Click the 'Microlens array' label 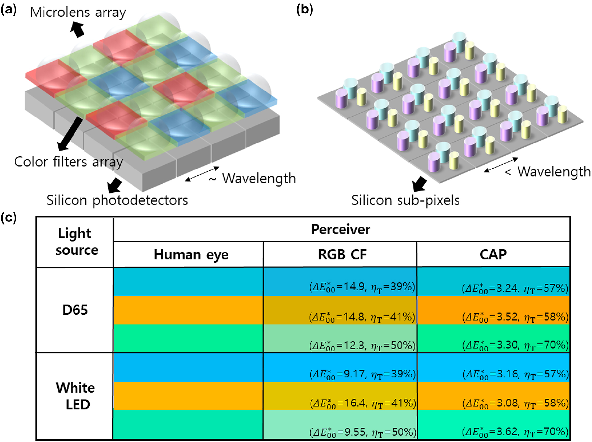click(78, 13)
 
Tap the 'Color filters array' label click(69, 162)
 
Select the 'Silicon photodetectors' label click(117, 200)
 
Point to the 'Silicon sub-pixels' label click(405, 200)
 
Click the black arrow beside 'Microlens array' click(77, 29)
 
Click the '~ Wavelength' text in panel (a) click(252, 178)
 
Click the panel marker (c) click(9, 218)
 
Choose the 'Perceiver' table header click(341, 229)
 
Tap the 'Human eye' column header click(191, 254)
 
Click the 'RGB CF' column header click(342, 254)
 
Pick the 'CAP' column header click(493, 254)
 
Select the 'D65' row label click(75, 310)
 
